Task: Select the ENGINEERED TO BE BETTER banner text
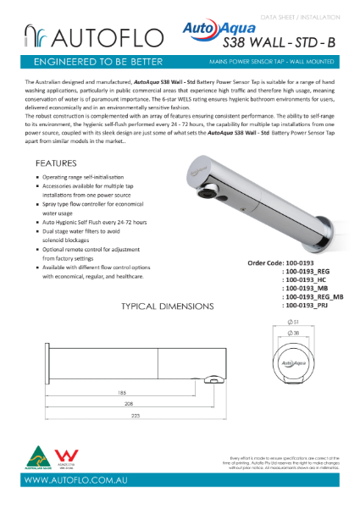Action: point(93,63)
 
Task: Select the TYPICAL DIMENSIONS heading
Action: point(168,306)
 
